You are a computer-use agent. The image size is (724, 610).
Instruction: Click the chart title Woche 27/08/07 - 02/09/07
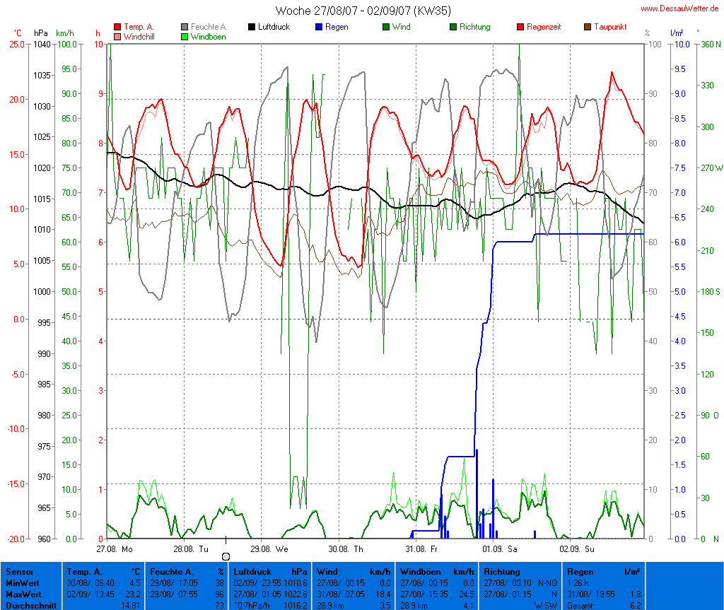click(363, 11)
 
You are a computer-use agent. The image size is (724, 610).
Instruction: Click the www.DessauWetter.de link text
click(680, 8)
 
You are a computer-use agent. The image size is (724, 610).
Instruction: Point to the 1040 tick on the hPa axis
click(42, 44)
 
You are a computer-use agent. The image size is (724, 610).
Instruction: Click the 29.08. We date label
click(269, 549)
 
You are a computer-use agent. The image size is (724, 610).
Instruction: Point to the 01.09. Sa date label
click(500, 549)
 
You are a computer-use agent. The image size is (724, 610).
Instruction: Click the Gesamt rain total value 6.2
click(634, 606)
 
